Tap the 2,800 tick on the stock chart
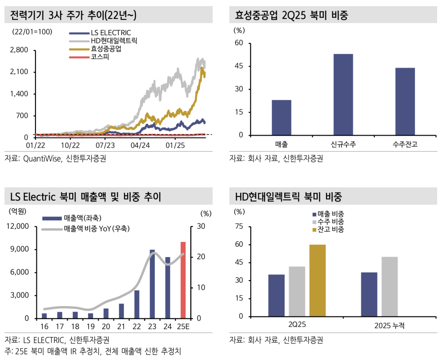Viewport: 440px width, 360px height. click(20, 50)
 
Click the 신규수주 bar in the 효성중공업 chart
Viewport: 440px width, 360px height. click(343, 95)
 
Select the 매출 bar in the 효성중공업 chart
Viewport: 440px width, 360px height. click(282, 118)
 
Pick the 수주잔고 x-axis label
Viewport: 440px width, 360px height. click(405, 144)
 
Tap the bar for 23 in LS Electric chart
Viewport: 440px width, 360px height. click(152, 284)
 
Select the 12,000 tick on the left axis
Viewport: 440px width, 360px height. click(18, 227)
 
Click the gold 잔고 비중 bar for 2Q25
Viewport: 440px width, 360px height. click(318, 280)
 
